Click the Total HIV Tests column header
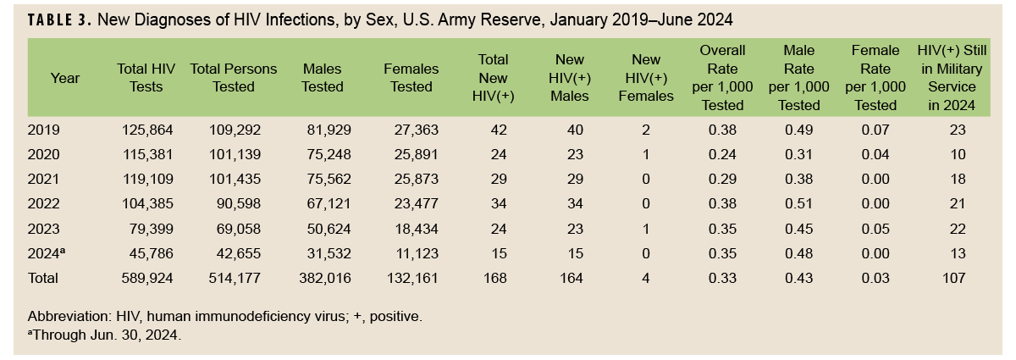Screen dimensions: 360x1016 pos(145,78)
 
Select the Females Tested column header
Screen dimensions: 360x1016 pos(411,78)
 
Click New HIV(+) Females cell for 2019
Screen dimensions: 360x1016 pos(646,130)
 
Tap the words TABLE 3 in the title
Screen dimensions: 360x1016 pos(58,19)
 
